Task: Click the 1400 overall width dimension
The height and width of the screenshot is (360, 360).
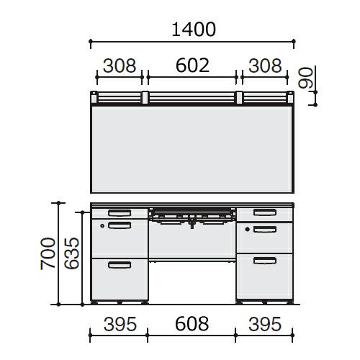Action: pyautogui.click(x=194, y=30)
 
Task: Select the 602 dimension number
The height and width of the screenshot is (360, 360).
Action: pyautogui.click(x=192, y=66)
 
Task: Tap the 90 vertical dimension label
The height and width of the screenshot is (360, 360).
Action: pyautogui.click(x=305, y=78)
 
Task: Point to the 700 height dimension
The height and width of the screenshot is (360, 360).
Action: pyautogui.click(x=48, y=253)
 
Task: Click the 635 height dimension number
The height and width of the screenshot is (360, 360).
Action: pyautogui.click(x=71, y=253)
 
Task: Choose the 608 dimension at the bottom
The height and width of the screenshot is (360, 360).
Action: pyautogui.click(x=192, y=324)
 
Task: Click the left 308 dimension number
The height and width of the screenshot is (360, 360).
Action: pyautogui.click(x=120, y=66)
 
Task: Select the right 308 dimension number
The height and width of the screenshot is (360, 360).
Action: pyautogui.click(x=265, y=66)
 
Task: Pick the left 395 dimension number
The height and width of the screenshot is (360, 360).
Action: pyautogui.click(x=120, y=324)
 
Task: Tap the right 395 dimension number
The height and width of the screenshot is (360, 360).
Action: pyautogui.click(x=265, y=324)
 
